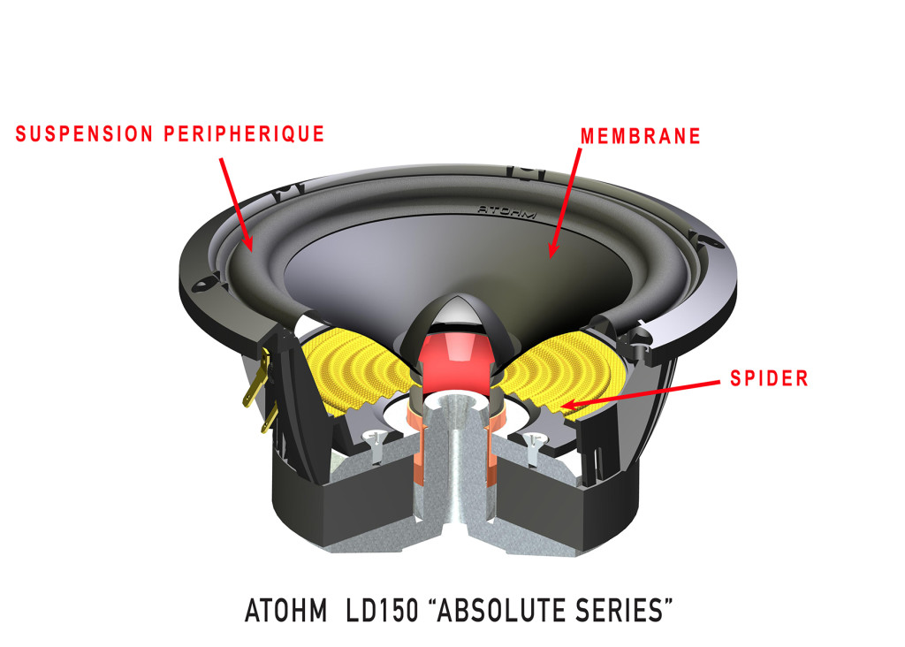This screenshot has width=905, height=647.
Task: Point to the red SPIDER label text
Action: coord(769,379)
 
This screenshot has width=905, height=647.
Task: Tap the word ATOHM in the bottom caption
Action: coord(280,609)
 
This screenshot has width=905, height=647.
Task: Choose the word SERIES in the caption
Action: coord(624,609)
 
